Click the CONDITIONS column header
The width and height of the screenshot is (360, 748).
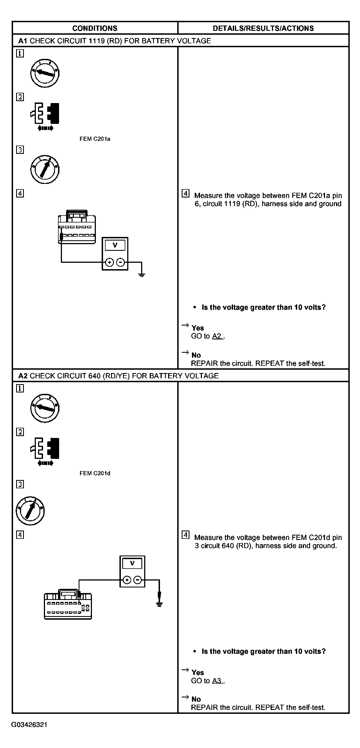95,28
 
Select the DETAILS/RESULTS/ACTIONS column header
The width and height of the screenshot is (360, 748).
263,28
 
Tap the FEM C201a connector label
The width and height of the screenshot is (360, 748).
95,139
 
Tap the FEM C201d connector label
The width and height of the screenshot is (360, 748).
95,473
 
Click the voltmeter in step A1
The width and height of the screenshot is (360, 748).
115,254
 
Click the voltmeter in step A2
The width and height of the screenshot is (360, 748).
132,571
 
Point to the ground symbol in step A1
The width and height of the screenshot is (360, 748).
142,274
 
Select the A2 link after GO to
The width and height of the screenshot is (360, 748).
217,336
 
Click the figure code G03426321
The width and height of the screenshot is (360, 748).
29,725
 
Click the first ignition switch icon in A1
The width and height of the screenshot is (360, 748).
45,73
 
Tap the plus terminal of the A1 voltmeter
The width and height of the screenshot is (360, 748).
109,262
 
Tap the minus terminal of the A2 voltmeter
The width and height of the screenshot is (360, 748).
138,580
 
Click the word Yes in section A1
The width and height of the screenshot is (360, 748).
198,328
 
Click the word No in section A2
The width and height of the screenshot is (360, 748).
196,699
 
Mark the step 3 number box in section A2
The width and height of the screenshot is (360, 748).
20,484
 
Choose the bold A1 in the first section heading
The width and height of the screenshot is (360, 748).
23,41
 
